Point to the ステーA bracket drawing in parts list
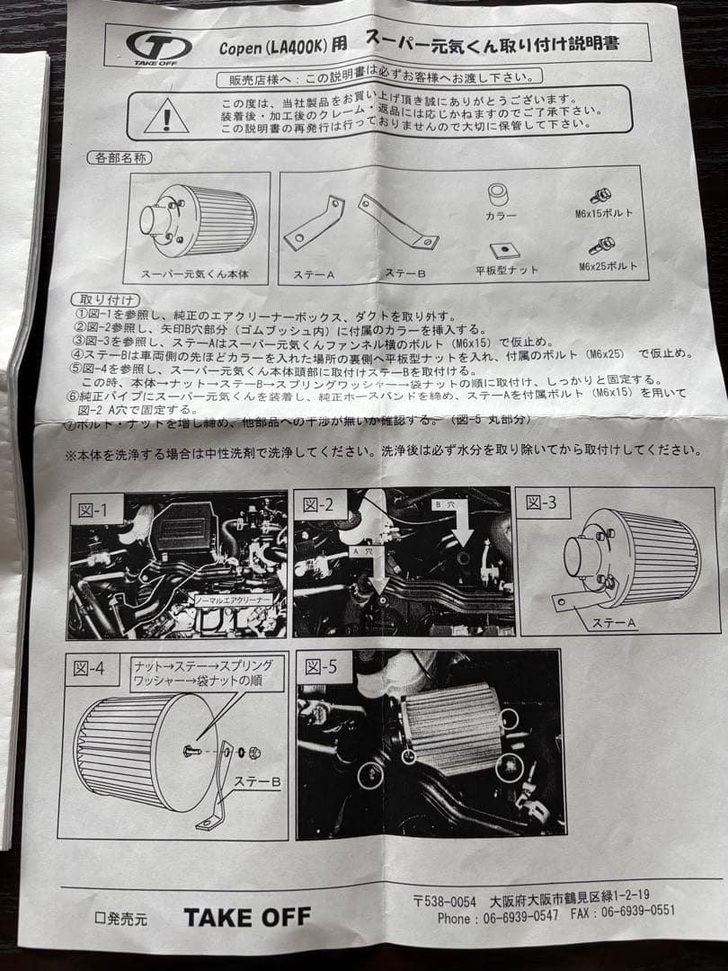coord(314,225)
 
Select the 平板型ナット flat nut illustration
coord(507,250)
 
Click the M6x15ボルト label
coord(606,214)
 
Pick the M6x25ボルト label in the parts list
coord(608,266)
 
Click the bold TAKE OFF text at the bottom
coord(247,917)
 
